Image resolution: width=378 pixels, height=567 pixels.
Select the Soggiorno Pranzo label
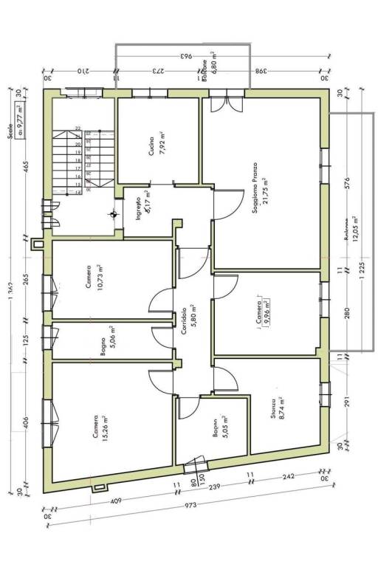[255, 188]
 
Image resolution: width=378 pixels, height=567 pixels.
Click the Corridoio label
[182, 322]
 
